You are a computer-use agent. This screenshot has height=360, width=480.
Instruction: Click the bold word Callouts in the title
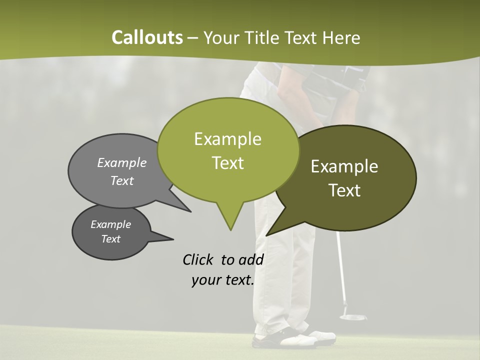click(x=147, y=37)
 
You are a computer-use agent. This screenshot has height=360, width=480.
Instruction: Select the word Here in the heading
click(x=342, y=37)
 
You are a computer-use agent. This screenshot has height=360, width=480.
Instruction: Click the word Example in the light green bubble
click(x=227, y=139)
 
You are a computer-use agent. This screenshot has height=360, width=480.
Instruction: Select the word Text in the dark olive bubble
click(x=345, y=190)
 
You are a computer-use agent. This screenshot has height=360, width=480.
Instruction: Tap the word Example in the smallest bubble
click(x=110, y=224)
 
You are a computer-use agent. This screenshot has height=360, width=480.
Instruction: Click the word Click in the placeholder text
click(x=198, y=259)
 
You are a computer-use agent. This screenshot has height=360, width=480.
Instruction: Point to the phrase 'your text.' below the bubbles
click(x=222, y=280)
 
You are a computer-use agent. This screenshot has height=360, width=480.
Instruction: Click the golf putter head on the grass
click(x=352, y=316)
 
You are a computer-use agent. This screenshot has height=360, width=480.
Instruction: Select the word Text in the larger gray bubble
click(x=122, y=181)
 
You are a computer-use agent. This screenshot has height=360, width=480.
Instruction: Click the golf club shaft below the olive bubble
click(x=341, y=265)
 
